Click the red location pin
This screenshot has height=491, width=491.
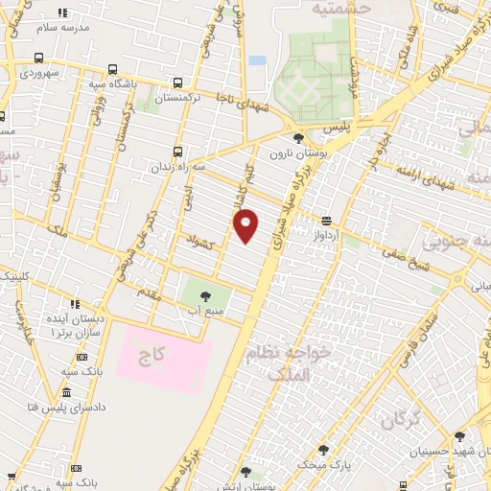tap(246, 224)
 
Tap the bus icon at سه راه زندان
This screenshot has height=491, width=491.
tap(177, 151)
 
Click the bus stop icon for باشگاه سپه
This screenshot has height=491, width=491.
tap(112, 70)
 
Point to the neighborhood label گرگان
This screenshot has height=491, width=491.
tap(400, 420)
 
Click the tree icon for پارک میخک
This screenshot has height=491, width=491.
tap(322, 449)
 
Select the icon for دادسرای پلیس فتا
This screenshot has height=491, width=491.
tap(65, 393)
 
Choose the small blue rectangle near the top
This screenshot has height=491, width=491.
tap(257, 60)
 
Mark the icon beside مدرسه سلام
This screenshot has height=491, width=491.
tap(62, 13)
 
